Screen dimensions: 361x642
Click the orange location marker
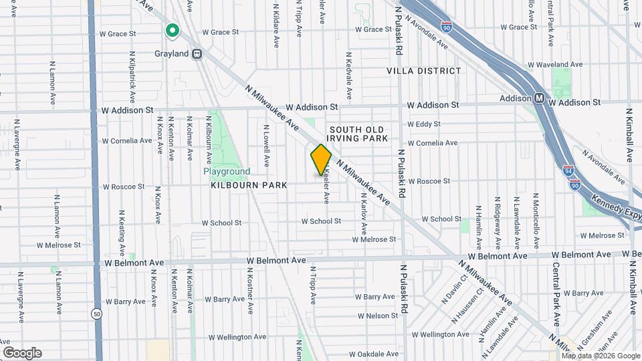pyautogui.click(x=321, y=159)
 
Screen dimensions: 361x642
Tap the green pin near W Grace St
pyautogui.click(x=172, y=31)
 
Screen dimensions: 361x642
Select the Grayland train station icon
pyautogui.click(x=197, y=54)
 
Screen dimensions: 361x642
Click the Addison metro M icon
pyautogui.click(x=538, y=98)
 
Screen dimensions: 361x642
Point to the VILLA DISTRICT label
pyautogui.click(x=423, y=70)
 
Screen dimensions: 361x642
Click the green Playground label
pyautogui.click(x=227, y=172)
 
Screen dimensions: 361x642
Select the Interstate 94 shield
pyautogui.click(x=567, y=171)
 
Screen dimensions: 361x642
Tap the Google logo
pyautogui.click(x=22, y=352)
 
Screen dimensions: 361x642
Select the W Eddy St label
pyautogui.click(x=423, y=124)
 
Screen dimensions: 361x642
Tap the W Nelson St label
pyautogui.click(x=382, y=315)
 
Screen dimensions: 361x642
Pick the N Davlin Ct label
pyautogui.click(x=453, y=289)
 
